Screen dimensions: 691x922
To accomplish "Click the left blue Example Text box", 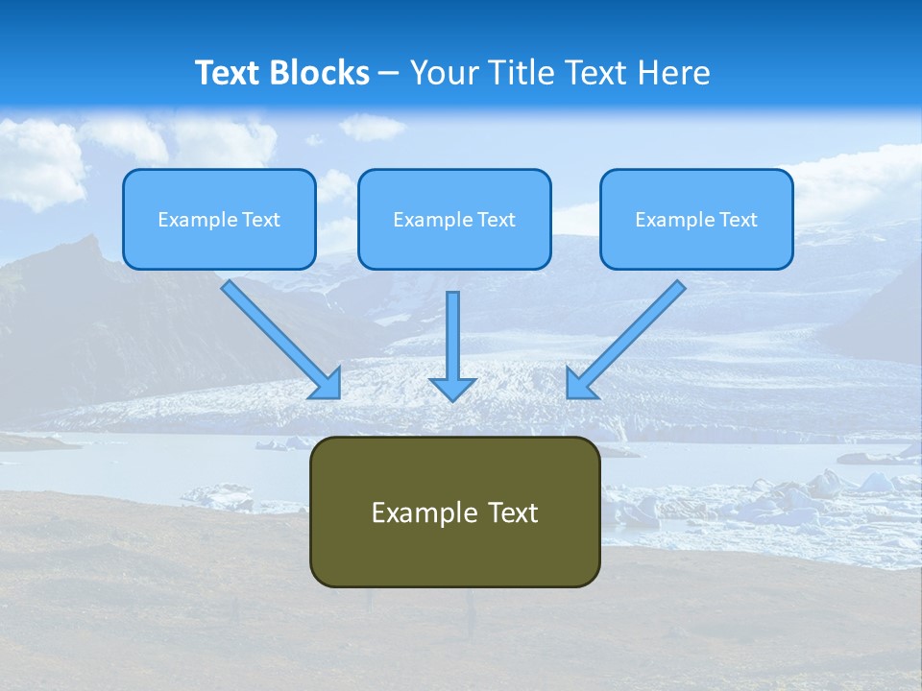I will [x=219, y=219].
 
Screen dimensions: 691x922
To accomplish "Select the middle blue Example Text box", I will [x=454, y=219].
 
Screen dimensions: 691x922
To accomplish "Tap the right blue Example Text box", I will [x=696, y=219].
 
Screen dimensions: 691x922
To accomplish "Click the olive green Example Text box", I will [x=454, y=512].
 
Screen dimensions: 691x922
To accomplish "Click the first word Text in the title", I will [x=230, y=73].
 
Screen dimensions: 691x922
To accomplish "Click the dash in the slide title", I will [x=389, y=73].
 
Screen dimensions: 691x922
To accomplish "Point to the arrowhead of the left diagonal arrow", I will [x=327, y=385].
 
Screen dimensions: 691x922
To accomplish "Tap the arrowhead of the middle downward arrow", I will [x=452, y=388].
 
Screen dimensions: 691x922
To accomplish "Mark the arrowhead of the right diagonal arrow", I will [x=580, y=385].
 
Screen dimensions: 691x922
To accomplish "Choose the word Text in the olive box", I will [x=512, y=512].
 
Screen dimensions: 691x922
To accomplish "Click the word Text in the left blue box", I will [x=261, y=219].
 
